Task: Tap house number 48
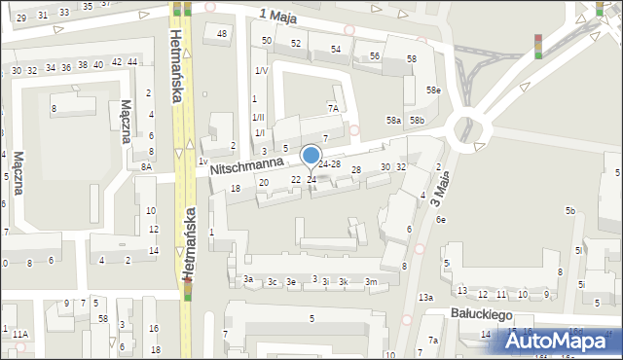[222, 34]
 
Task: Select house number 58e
[433, 90]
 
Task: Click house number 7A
[333, 108]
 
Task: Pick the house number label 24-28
[329, 163]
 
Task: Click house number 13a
[425, 297]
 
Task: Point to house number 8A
[146, 166]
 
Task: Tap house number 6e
[441, 220]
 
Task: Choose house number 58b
[417, 120]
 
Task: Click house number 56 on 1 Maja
[375, 56]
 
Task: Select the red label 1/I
[258, 132]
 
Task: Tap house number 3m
[371, 282]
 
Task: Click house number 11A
[20, 334]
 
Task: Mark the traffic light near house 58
[537, 46]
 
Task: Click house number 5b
[571, 211]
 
